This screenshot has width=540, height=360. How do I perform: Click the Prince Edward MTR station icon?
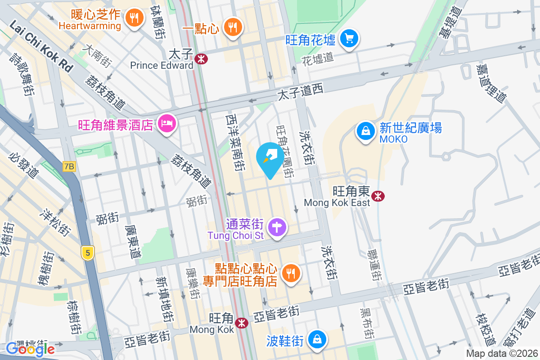click(201, 58)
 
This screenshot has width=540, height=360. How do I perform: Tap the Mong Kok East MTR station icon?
click(378, 195)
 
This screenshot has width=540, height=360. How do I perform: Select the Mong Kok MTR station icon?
click(242, 322)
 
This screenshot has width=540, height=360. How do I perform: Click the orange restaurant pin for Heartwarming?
click(134, 18)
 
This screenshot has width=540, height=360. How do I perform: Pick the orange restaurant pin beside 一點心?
click(233, 28)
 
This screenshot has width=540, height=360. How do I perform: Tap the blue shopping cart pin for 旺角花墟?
click(349, 39)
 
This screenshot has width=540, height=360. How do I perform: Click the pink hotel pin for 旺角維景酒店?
click(166, 123)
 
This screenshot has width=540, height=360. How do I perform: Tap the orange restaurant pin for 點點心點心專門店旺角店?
click(290, 273)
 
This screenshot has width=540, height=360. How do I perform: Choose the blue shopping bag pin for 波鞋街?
click(318, 338)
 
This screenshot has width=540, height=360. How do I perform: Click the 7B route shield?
click(69, 166)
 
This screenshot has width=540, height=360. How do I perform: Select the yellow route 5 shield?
click(87, 253)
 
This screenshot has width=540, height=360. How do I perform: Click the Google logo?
click(31, 349)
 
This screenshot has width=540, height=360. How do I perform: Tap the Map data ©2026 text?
click(501, 354)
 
